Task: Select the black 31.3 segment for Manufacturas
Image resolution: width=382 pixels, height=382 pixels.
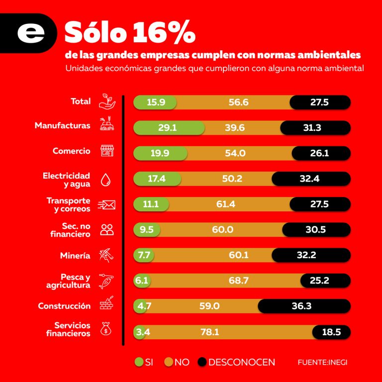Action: pyautogui.click(x=315, y=128)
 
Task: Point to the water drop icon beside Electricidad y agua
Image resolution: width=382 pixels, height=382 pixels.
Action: pyautogui.click(x=105, y=179)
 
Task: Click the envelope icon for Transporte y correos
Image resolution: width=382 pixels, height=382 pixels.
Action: pyautogui.click(x=107, y=204)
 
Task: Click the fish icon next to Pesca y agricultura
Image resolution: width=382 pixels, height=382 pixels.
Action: pyautogui.click(x=106, y=281)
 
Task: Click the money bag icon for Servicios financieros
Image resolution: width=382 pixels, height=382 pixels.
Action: pyautogui.click(x=105, y=329)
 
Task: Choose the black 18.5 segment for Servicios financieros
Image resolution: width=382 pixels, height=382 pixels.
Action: pyautogui.click(x=331, y=332)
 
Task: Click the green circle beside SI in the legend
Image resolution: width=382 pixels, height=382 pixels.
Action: pyautogui.click(x=139, y=362)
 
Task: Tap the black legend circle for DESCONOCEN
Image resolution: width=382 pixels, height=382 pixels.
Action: pyautogui.click(x=202, y=362)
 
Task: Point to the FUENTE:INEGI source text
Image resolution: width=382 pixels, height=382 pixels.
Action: pyautogui.click(x=322, y=362)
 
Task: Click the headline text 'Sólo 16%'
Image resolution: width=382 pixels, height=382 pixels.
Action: pyautogui.click(x=129, y=33)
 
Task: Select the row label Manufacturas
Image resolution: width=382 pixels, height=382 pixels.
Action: pyautogui.click(x=63, y=126)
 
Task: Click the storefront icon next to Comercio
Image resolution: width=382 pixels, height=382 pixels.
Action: pyautogui.click(x=107, y=151)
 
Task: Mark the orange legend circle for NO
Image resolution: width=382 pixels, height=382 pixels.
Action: pyautogui.click(x=169, y=362)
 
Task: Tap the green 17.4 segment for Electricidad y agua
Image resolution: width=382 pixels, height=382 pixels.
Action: pyautogui.click(x=156, y=179)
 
